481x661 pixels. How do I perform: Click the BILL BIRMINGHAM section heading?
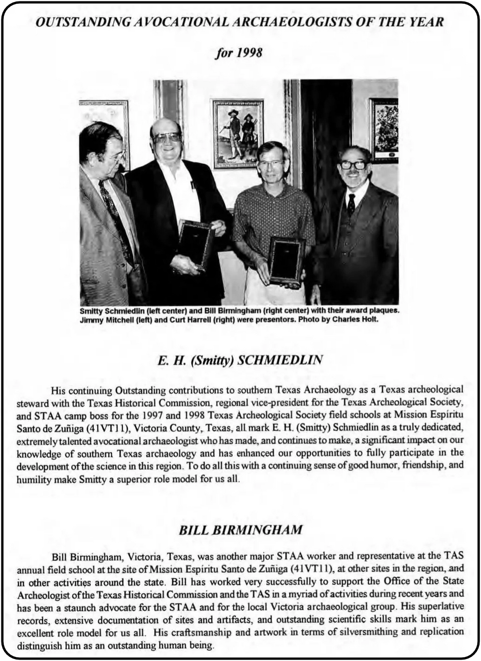click(x=240, y=530)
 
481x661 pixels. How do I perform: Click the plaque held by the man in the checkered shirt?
click(x=286, y=261)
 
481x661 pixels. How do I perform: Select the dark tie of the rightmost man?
click(x=351, y=204)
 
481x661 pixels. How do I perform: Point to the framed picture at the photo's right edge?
click(x=384, y=129)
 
